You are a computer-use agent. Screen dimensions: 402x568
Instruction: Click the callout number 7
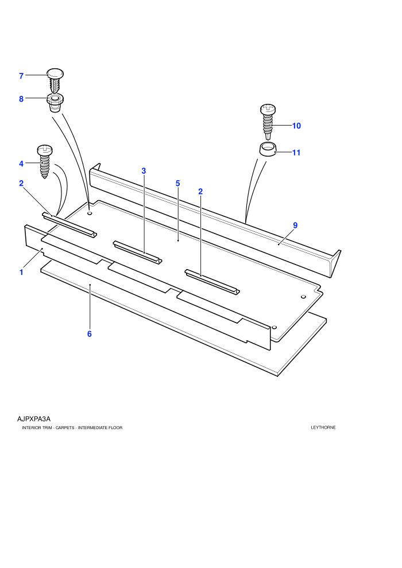(21, 76)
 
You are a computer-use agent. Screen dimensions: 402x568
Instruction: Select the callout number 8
(21, 99)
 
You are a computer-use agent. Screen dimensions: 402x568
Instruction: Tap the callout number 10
(296, 126)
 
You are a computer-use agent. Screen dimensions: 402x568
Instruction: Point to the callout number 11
(296, 153)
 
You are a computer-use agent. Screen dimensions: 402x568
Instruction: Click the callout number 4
(21, 164)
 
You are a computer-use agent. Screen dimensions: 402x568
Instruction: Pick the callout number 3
(144, 171)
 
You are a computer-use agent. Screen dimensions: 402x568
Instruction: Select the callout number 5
(177, 183)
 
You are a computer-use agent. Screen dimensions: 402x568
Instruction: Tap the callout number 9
(295, 225)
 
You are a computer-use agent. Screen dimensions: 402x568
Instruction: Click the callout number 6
(90, 334)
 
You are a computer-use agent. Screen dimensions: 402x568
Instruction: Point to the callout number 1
(21, 272)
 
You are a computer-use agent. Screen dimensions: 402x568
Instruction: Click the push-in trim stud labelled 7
(56, 80)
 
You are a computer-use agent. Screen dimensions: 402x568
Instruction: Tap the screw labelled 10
(268, 122)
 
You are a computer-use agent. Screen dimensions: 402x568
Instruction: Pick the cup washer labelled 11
(268, 149)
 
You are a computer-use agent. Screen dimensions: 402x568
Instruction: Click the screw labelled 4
(45, 162)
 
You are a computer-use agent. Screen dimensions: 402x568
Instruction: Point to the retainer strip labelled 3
(138, 252)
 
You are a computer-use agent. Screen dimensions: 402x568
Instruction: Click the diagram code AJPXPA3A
(34, 419)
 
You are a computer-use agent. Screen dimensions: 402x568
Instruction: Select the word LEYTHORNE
(323, 427)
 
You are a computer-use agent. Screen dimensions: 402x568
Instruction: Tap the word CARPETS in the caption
(65, 428)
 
